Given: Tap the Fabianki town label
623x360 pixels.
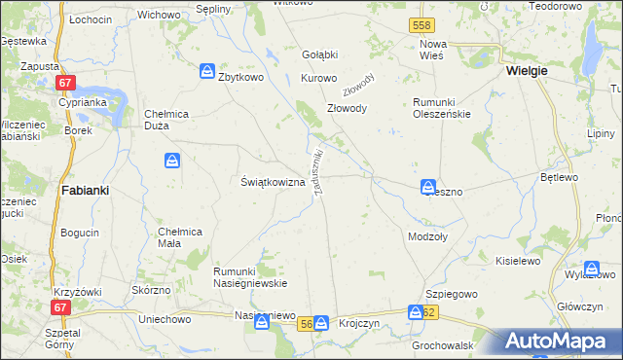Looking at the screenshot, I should [x=84, y=191].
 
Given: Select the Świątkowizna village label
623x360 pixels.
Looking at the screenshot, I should [x=274, y=182].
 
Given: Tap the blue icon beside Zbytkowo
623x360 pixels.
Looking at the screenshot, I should [x=207, y=71].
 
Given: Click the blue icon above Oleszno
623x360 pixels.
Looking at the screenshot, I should [x=428, y=186].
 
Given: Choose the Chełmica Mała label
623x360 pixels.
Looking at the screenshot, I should [x=180, y=237].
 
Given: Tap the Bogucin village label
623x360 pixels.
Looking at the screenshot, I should [x=80, y=234].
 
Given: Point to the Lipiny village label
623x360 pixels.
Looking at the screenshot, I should [x=604, y=133].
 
